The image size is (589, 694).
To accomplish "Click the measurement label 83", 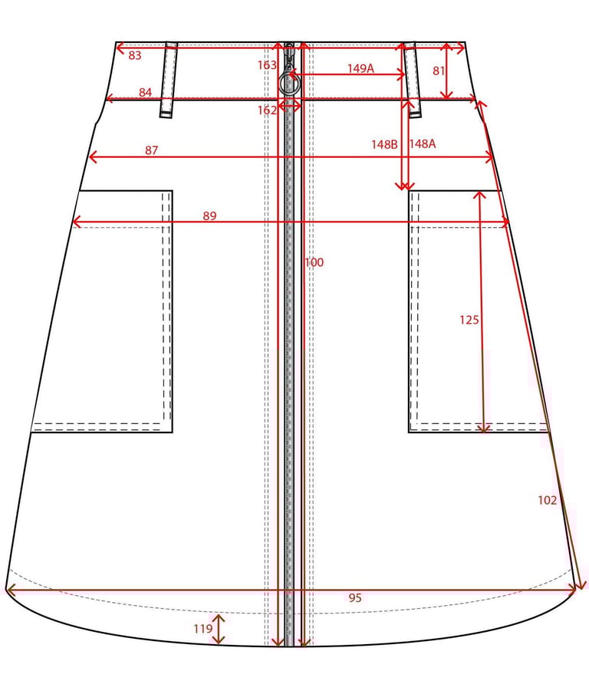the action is coord(135,55).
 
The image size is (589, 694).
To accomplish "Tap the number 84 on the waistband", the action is coord(145,92).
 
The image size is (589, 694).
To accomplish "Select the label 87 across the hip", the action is coord(151,150).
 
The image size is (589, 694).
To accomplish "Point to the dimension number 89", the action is coord(210,215).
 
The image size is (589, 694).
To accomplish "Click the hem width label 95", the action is coord(355,598).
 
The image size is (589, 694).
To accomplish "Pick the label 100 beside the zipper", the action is coord(314,262).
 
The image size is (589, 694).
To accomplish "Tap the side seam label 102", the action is coord(547,500).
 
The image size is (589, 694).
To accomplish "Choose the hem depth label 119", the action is coord(203,629).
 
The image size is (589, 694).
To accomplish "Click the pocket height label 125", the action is coord(469,320).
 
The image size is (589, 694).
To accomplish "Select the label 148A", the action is coord(422,143).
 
